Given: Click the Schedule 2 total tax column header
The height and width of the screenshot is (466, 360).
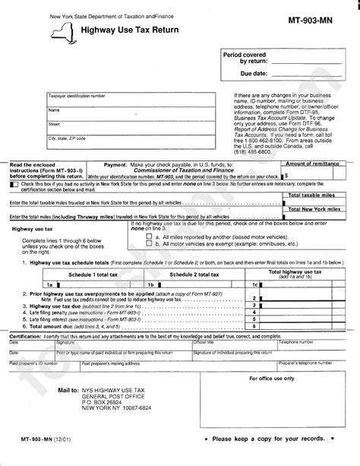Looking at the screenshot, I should pyautogui.click(x=194, y=273).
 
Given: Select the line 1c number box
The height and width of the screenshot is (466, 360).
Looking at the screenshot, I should pyautogui.click(x=255, y=283).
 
